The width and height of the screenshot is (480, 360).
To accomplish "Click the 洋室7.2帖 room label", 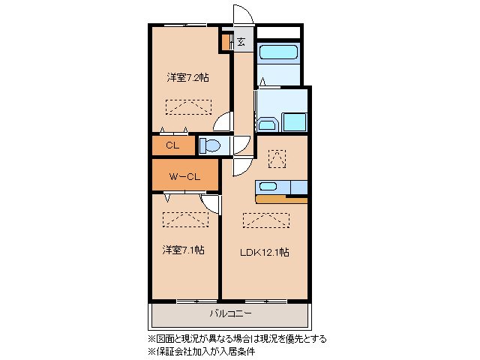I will (x=187, y=77).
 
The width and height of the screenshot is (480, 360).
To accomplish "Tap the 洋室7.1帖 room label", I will (x=184, y=250).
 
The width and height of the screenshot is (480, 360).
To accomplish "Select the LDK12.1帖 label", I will (x=264, y=252).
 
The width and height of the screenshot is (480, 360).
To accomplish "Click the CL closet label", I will (x=172, y=145).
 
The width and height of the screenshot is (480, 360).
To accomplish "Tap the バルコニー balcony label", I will (x=229, y=313).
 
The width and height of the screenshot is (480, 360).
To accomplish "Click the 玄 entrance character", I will (x=241, y=42).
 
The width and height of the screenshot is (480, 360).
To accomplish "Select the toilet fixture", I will (x=210, y=145).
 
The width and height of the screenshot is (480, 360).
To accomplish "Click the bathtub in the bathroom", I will (x=279, y=52).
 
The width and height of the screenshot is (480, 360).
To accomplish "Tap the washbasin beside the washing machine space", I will (x=267, y=123).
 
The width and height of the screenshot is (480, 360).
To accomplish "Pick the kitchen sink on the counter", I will (x=268, y=187).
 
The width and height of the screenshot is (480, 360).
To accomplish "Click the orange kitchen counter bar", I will (x=281, y=200).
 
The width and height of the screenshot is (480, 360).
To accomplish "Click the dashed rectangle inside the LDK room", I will (x=265, y=220).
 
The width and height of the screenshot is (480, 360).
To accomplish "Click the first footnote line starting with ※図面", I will (x=236, y=339).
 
